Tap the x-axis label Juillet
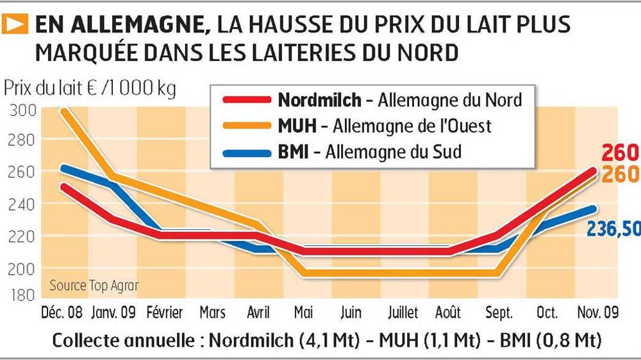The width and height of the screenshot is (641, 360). point(402,314)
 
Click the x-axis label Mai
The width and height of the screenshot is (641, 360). point(303,314)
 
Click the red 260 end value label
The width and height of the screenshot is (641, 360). point(620,153)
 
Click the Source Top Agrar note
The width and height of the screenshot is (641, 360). point(94,285)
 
